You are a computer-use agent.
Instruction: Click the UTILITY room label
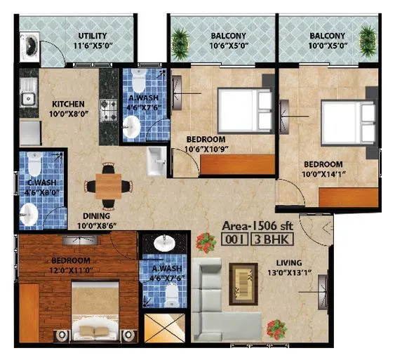93,36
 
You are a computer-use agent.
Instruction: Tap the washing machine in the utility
29,47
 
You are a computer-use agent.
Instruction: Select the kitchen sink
29,93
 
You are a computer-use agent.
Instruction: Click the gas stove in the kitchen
109,110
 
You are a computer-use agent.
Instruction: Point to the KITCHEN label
68,104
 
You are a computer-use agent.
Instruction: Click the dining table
109,187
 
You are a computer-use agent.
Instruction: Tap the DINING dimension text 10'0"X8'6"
97,226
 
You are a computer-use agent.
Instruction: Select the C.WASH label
42,182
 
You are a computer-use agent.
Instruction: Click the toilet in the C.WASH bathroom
34,164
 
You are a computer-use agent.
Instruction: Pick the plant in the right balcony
368,41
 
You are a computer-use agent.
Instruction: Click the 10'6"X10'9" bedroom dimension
206,149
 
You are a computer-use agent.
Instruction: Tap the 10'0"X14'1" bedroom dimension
323,174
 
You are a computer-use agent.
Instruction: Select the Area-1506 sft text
257,226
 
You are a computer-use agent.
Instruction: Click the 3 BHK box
272,239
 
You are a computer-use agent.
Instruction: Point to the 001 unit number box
235,239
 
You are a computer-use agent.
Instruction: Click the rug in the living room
243,284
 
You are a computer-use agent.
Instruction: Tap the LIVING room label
289,262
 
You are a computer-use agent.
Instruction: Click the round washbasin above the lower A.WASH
165,243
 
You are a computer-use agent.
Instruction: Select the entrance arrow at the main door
327,228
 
